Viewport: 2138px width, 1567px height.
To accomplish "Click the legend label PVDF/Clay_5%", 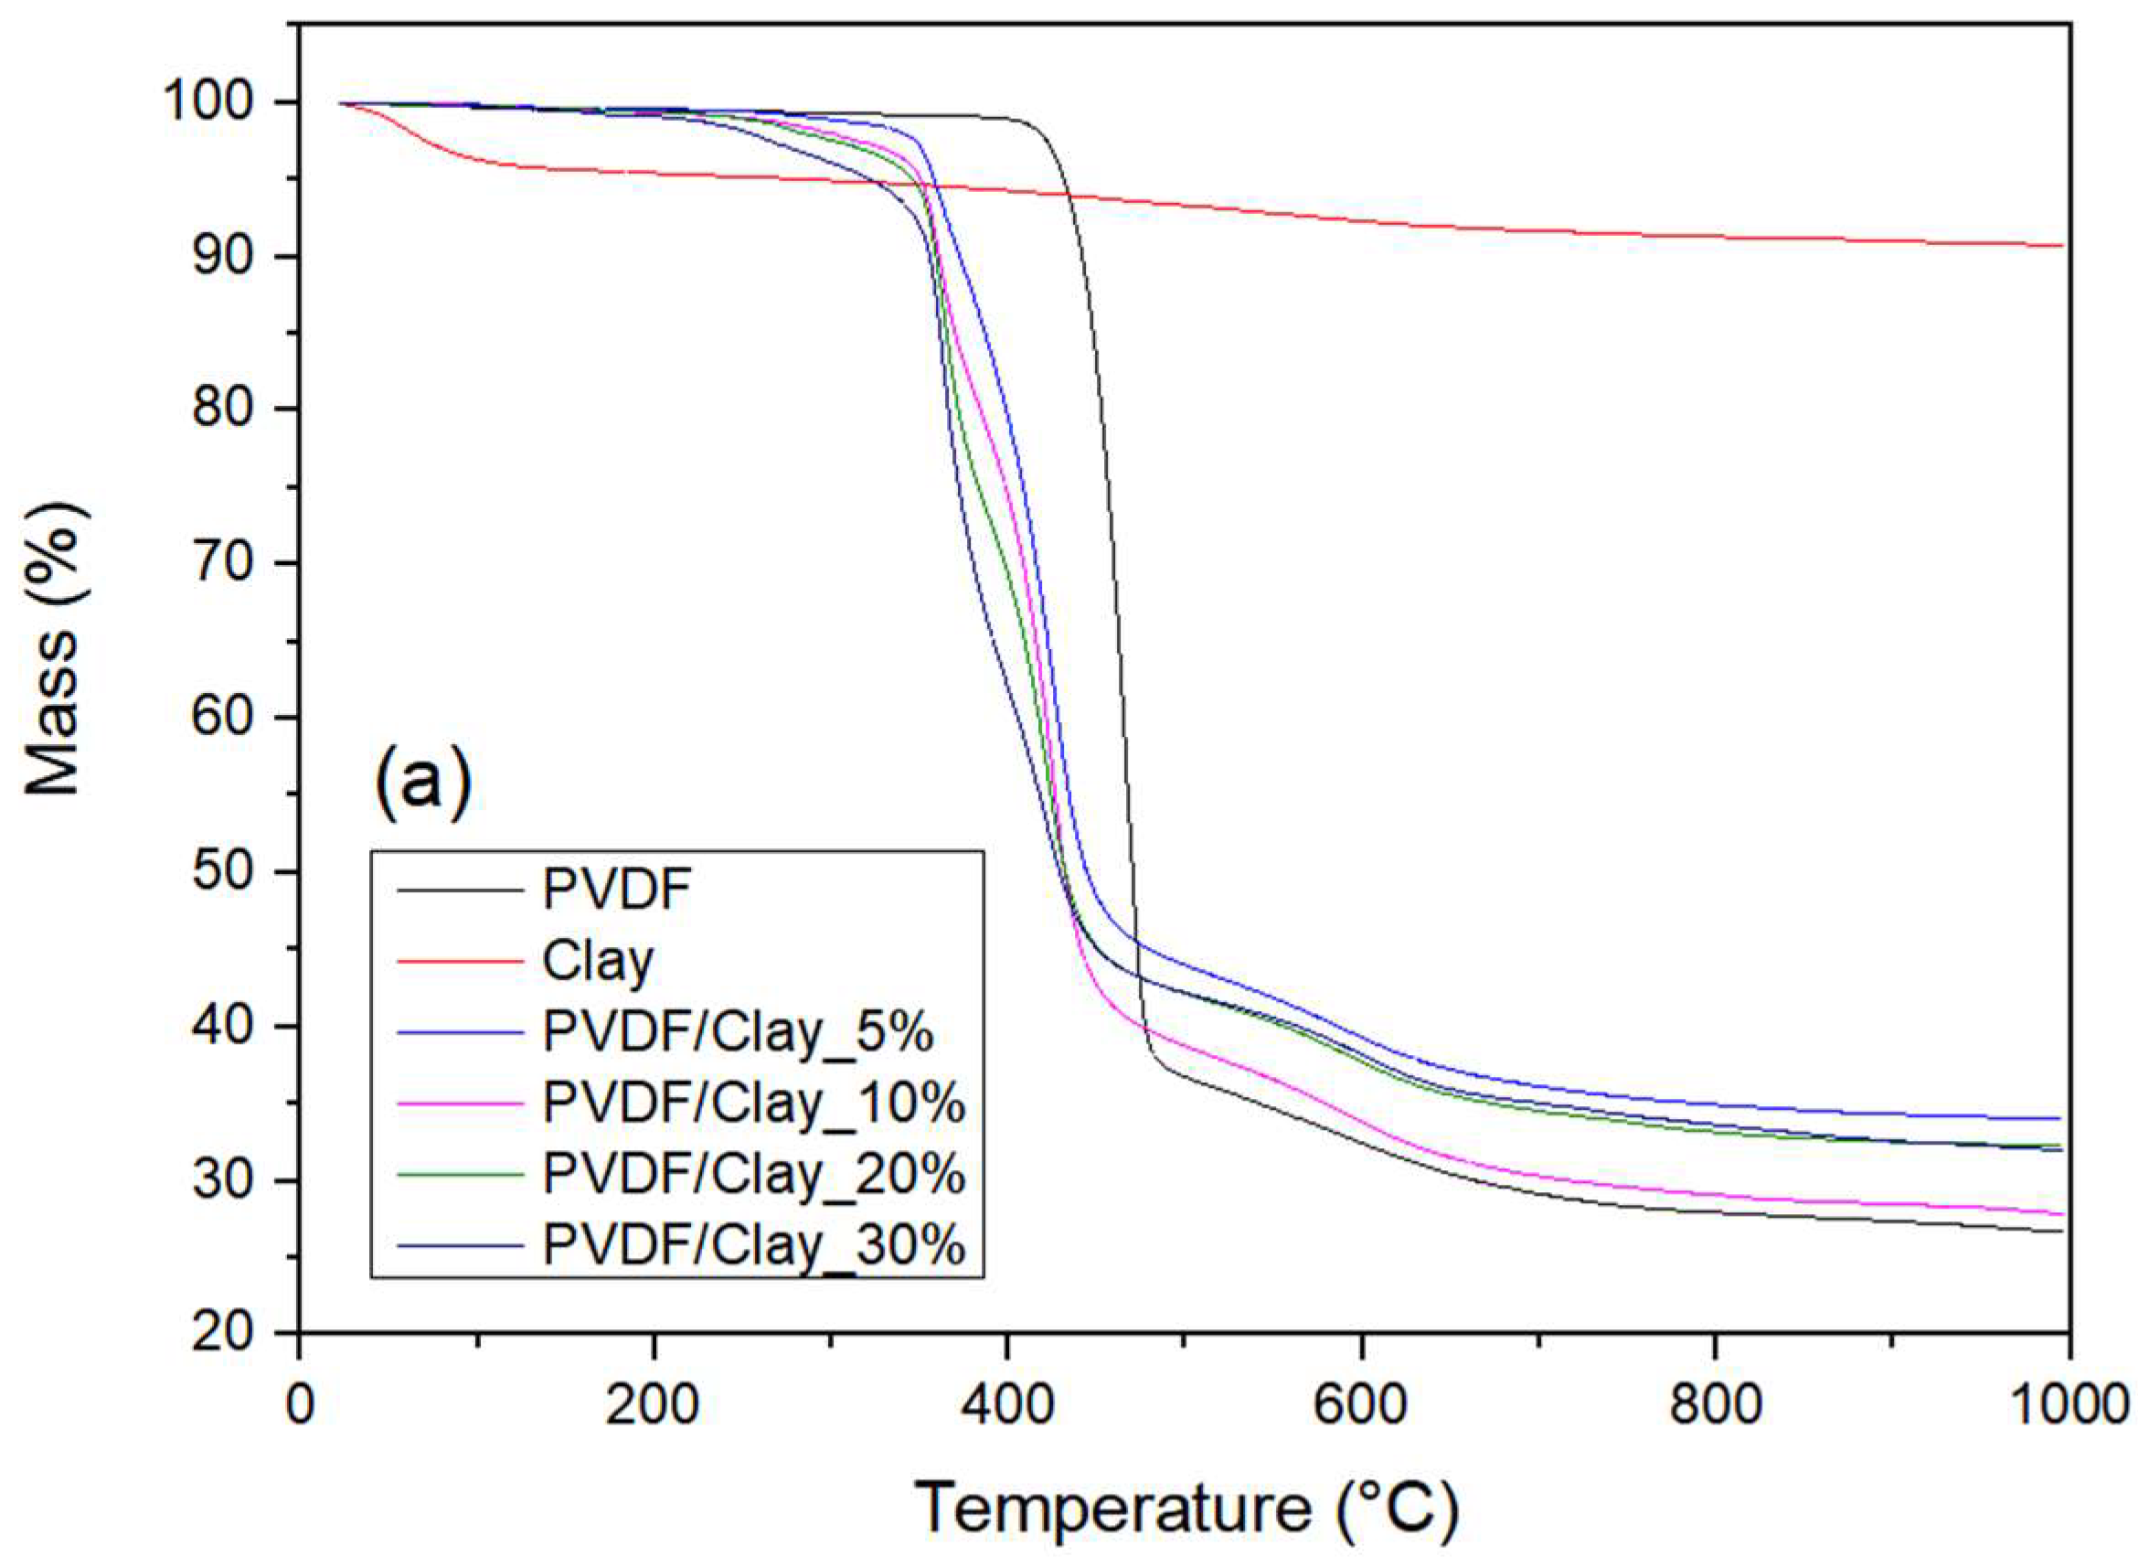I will pyautogui.click(x=738, y=1032).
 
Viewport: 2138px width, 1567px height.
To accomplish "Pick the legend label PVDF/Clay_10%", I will pyautogui.click(x=754, y=1103).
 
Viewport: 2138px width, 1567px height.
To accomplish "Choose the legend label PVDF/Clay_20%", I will pyautogui.click(x=754, y=1173).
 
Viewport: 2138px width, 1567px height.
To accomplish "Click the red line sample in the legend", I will pyautogui.click(x=461, y=961).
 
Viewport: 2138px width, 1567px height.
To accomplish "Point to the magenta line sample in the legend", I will pyautogui.click(x=461, y=1103).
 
